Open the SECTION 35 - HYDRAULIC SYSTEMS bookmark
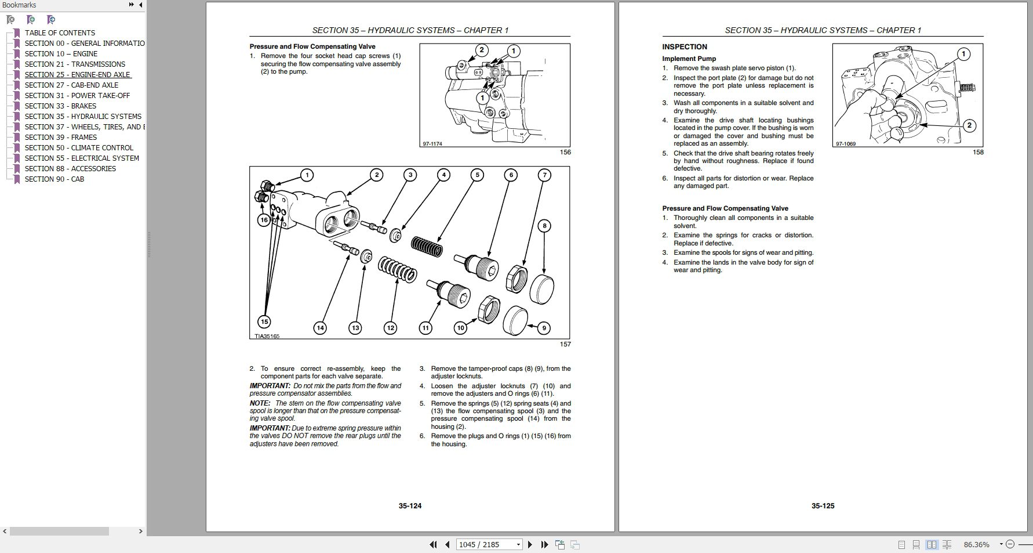pos(83,117)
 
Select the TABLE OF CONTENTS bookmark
pos(60,33)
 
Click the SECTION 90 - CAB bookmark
pos(54,179)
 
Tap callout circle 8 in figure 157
pos(544,226)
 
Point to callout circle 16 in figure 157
pos(264,220)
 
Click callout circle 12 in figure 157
pos(391,328)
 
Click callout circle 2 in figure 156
pos(481,50)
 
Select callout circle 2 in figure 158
pos(969,125)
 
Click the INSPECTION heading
pos(685,47)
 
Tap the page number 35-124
pos(410,506)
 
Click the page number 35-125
pos(823,506)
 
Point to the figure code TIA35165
pos(267,336)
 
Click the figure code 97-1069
pos(845,144)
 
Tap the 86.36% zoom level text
pos(976,544)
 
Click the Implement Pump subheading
pos(689,59)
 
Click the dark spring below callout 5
pos(427,245)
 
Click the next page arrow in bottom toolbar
pos(530,544)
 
